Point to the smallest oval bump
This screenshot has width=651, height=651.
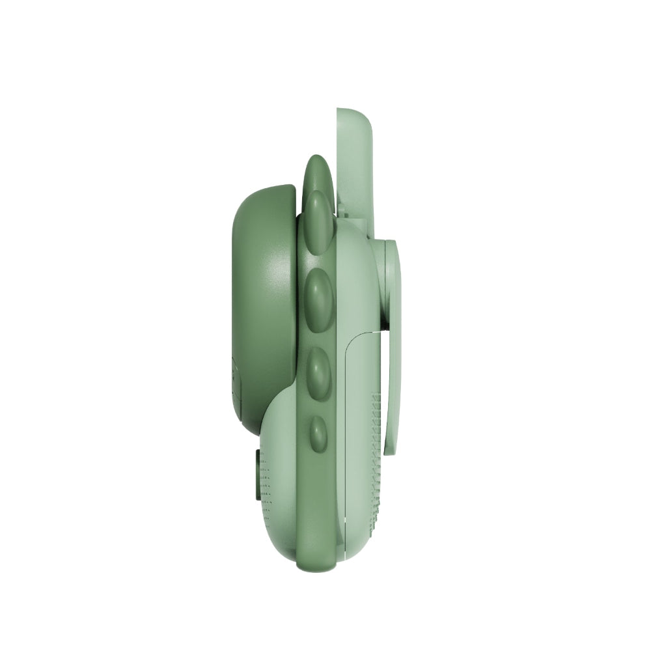pyautogui.click(x=318, y=434)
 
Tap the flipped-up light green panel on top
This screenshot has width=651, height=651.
pyautogui.click(x=355, y=169)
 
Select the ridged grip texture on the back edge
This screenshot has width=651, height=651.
pyautogui.click(x=376, y=456)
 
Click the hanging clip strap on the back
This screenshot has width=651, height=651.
pyautogui.click(x=393, y=365)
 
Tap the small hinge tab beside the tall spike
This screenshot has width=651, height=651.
pyautogui.click(x=340, y=210)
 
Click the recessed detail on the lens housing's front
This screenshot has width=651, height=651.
pyautogui.click(x=236, y=384)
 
